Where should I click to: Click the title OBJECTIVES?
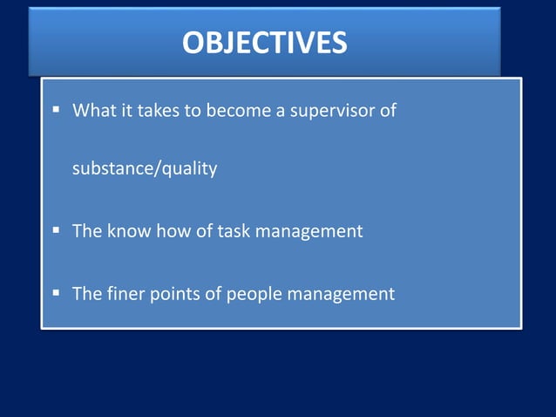click(264, 42)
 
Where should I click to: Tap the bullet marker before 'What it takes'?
click(55, 110)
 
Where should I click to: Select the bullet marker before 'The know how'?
click(55, 231)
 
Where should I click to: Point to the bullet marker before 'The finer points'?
click(55, 293)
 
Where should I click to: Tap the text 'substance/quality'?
click(145, 168)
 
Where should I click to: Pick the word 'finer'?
click(125, 294)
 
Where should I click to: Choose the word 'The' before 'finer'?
click(86, 294)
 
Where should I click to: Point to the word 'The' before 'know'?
click(86, 232)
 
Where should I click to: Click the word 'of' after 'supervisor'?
click(390, 112)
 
